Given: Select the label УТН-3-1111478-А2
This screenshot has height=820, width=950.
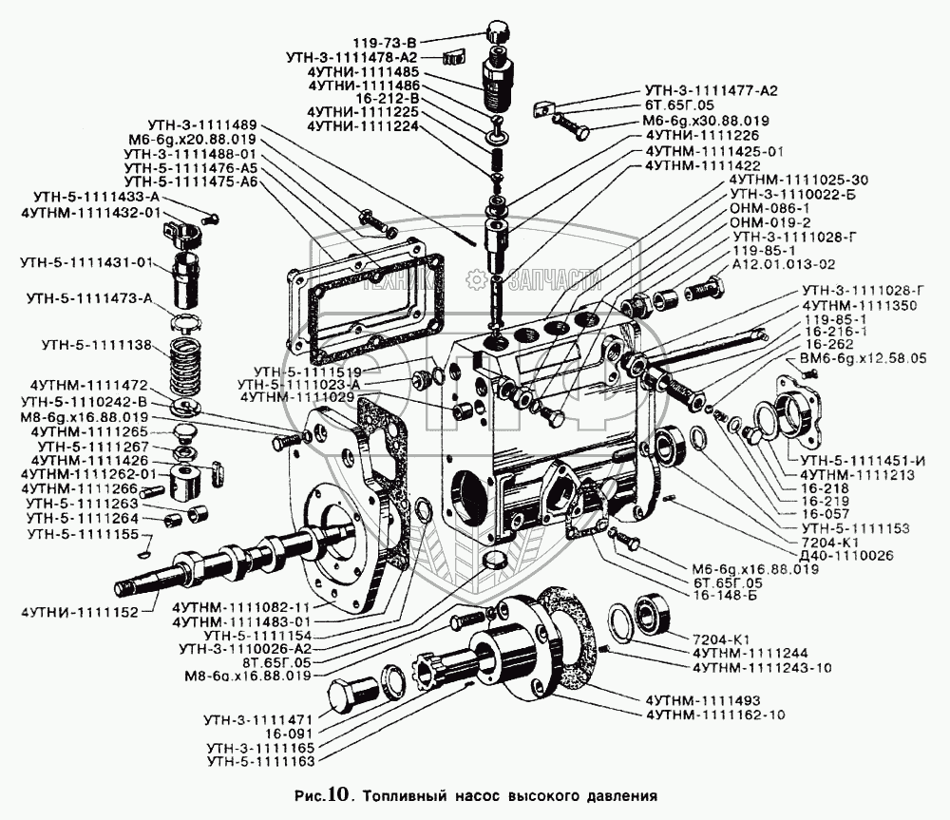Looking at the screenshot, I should [x=351, y=57].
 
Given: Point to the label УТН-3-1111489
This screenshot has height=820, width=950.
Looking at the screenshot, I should [x=202, y=124].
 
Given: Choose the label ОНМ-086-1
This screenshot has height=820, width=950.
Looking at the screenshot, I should [x=769, y=207].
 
